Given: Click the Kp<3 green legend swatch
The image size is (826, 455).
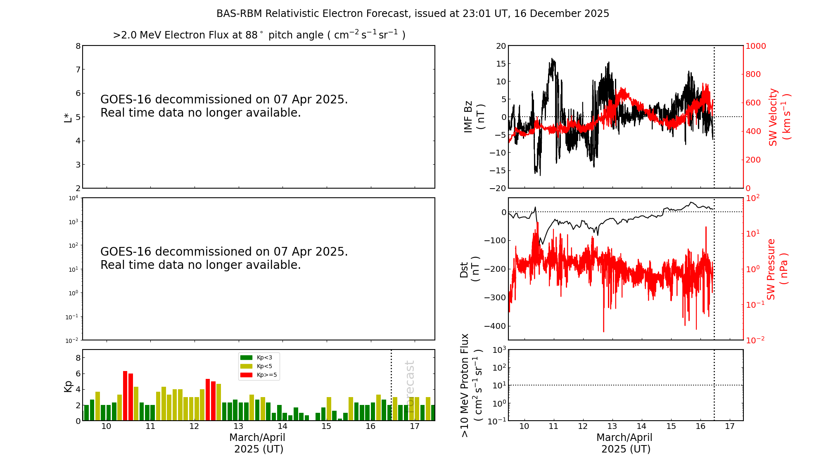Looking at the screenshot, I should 246,357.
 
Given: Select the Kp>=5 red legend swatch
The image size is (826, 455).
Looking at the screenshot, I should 246,375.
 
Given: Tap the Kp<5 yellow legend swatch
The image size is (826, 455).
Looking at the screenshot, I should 246,366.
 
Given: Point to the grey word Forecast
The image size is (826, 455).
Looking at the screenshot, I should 410,381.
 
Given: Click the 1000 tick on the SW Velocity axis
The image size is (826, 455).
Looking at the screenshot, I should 755,46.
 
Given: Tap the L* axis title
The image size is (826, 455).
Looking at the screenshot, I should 68,117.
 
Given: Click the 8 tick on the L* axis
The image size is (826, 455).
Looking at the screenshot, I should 78,46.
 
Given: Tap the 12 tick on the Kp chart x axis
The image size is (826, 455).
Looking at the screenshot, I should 194,426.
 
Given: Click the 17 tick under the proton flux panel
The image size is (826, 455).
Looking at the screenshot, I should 730,426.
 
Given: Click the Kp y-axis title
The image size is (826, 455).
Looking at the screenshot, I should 68,386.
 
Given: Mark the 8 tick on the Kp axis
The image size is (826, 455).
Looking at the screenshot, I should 78,358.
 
